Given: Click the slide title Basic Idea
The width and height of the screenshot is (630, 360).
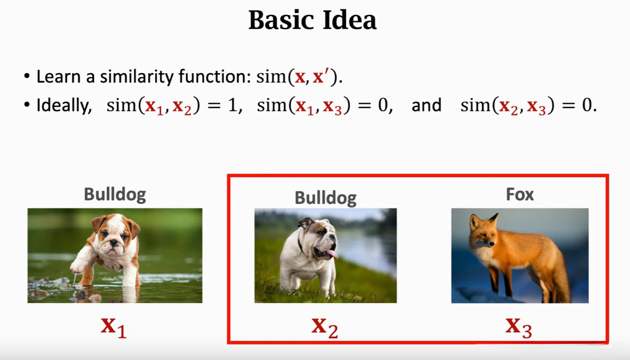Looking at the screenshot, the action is pos(312,20).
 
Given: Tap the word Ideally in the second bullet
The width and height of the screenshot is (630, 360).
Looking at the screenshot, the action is pos(64,106).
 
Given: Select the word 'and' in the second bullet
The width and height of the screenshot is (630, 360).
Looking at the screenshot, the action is pos(426,105).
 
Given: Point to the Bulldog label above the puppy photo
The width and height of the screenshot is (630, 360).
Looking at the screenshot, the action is pos(115,194).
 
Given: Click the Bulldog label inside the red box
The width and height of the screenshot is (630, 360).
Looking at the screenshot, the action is pos(326,198).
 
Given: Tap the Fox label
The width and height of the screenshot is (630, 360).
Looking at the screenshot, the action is pos(520,194).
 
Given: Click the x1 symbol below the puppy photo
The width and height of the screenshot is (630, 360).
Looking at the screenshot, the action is pos(114,327).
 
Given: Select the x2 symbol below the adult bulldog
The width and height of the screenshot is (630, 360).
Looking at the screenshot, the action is pos(325,327).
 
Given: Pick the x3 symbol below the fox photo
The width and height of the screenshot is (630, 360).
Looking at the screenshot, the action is pos(519,327).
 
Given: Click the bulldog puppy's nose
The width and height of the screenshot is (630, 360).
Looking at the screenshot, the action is pos(114,243).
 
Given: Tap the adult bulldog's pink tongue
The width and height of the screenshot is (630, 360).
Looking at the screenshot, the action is pos(332,254).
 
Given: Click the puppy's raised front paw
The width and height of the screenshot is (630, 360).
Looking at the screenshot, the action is pos(78,266).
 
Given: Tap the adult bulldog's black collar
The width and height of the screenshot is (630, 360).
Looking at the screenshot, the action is pos(300,244).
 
